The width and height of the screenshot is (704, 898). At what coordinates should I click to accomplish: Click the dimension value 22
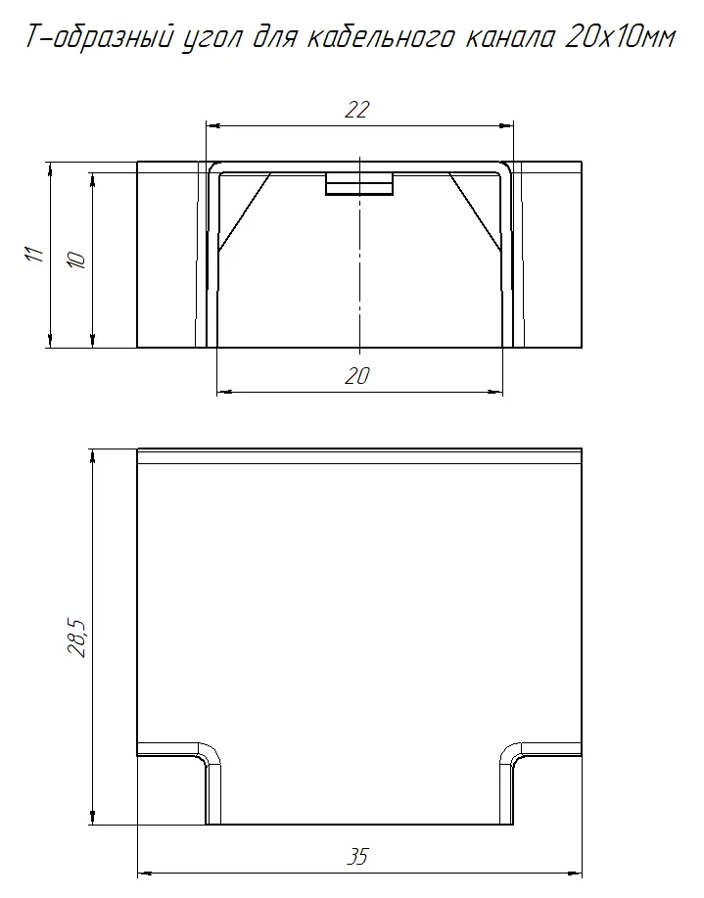click(x=356, y=109)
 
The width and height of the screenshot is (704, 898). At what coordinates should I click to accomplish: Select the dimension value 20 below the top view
click(x=356, y=376)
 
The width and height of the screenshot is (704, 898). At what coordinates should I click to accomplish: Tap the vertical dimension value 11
click(x=34, y=253)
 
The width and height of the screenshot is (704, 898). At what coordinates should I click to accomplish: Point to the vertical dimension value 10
click(x=76, y=260)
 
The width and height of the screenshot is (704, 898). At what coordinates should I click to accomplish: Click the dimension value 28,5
click(x=76, y=638)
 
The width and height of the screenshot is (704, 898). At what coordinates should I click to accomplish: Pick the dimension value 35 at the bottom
click(x=357, y=857)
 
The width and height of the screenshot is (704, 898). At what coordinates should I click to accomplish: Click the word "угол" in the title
click(x=210, y=39)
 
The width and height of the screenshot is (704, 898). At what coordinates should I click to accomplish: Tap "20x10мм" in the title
click(x=620, y=38)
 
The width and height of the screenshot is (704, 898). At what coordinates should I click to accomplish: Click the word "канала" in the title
click(x=510, y=39)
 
